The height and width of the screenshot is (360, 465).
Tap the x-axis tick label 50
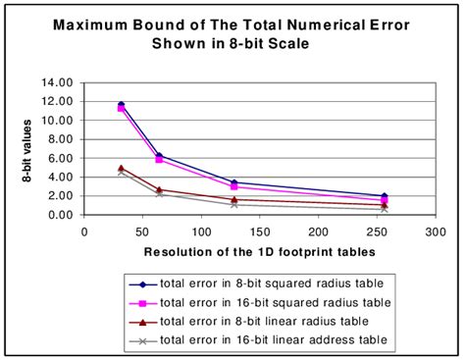click(x=142, y=231)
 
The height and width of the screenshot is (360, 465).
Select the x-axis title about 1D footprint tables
click(x=261, y=251)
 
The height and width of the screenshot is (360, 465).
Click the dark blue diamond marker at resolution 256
click(x=384, y=196)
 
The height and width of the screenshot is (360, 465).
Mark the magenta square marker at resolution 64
click(x=159, y=159)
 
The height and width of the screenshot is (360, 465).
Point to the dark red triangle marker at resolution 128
click(x=233, y=199)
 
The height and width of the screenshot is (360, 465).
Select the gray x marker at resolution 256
click(x=384, y=209)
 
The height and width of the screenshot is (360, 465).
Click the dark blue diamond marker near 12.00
click(x=122, y=104)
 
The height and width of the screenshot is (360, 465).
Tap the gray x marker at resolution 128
click(x=233, y=204)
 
